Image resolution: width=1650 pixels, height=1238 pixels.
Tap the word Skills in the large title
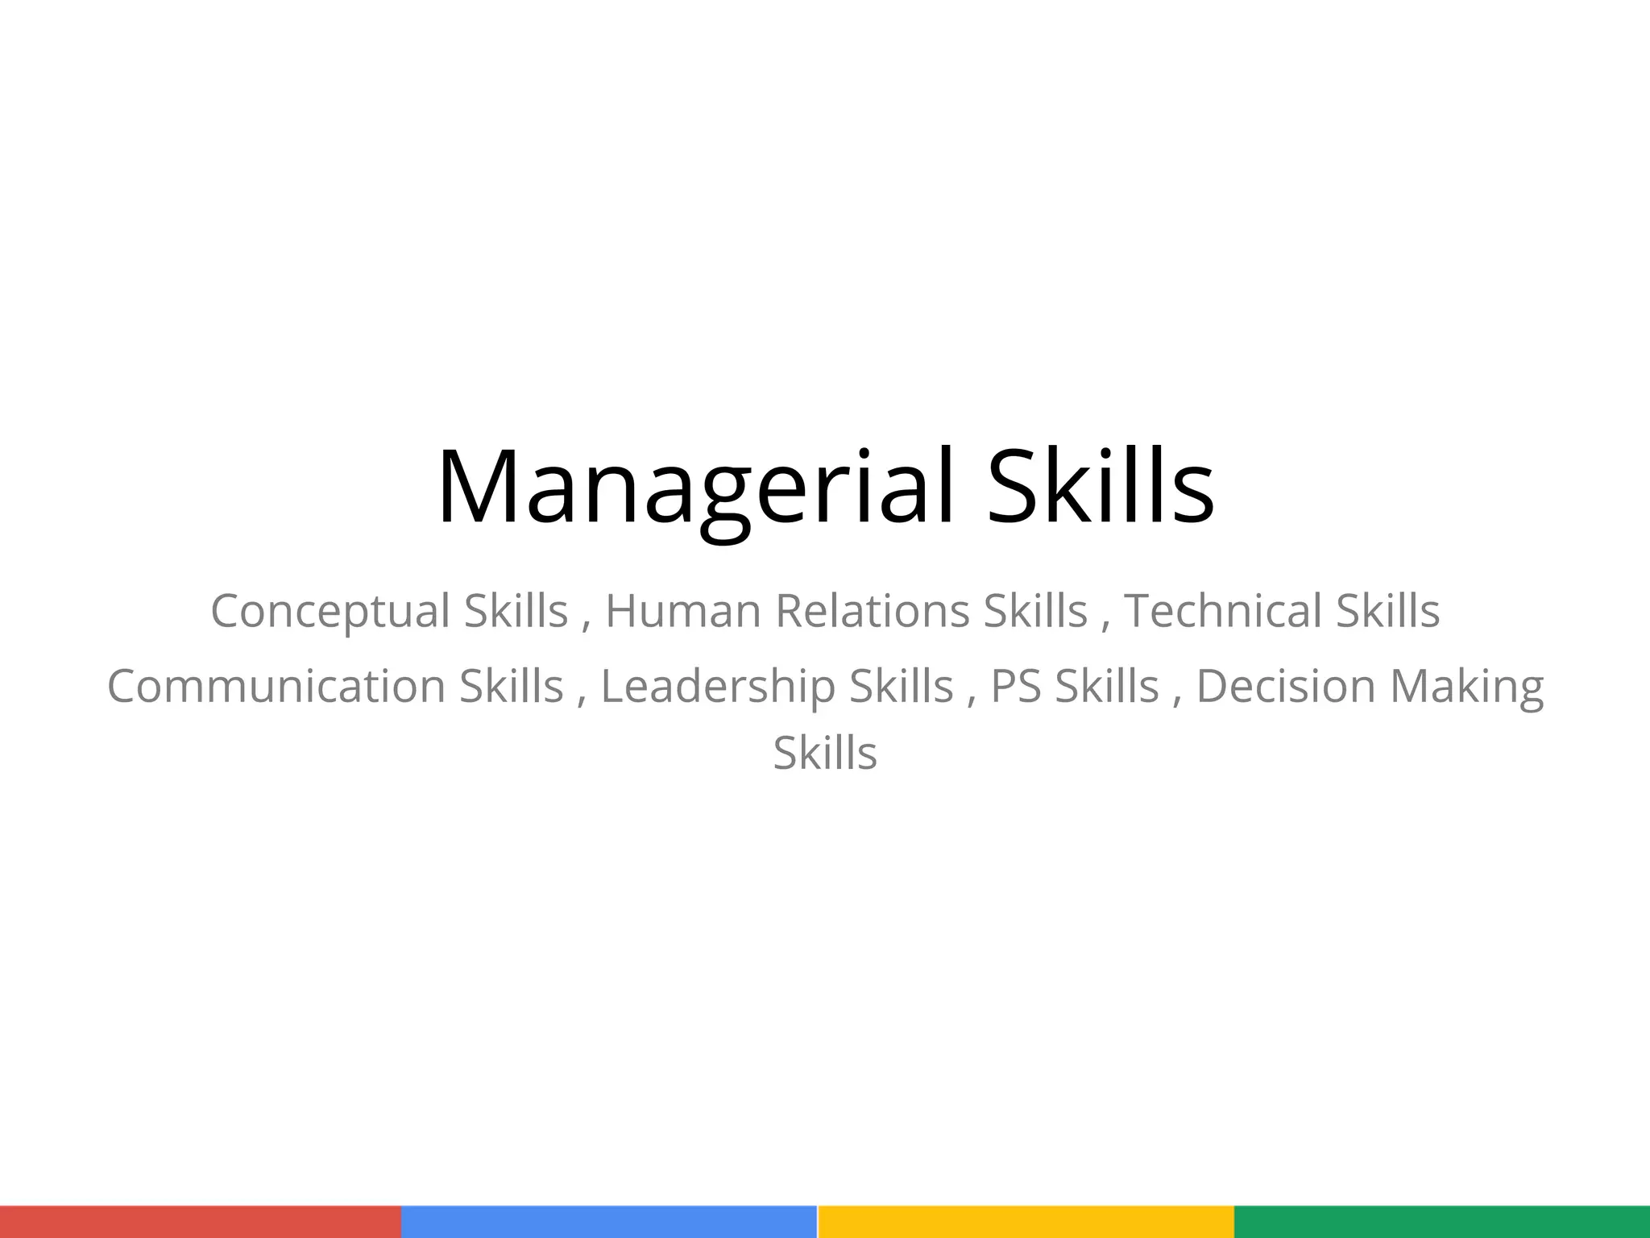coord(1101,488)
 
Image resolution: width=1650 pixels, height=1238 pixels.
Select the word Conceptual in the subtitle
coord(330,611)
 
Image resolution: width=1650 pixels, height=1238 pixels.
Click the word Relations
coord(872,610)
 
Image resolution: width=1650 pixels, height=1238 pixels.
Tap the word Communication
coord(276,687)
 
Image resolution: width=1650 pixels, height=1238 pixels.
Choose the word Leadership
coord(718,687)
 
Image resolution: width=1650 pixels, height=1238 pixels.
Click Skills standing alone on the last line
coord(825,754)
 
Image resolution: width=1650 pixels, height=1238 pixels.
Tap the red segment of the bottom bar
coord(201,1222)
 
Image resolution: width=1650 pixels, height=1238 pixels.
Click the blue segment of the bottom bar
coord(609,1222)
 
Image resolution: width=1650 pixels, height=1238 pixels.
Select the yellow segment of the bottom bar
coord(1026,1222)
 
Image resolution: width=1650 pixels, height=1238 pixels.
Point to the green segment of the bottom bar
coord(1442,1222)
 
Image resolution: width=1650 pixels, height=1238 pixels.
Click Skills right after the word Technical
coord(1387,610)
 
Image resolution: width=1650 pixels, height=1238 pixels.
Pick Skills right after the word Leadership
coord(902,687)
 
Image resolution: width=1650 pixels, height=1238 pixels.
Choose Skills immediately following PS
coord(1107,687)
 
